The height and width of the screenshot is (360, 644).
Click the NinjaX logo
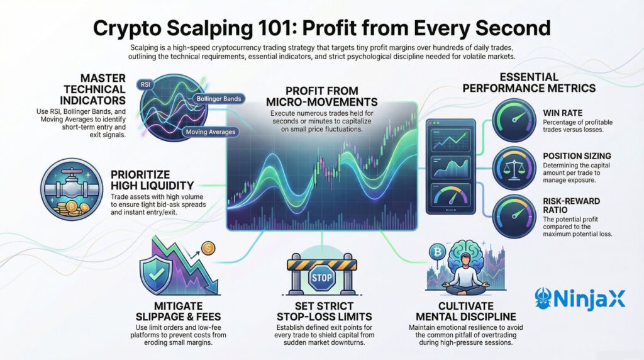pos(579,298)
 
